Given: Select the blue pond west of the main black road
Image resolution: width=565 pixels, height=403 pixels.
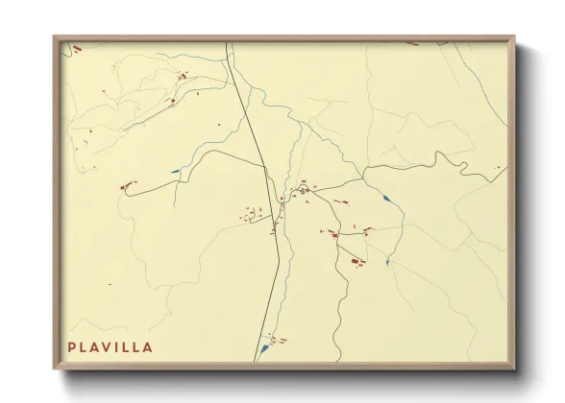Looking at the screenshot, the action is pos(175,172).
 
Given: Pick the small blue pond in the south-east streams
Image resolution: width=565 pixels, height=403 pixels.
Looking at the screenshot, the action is pos(386,261).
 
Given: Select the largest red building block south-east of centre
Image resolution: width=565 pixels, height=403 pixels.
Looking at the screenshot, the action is pos(357,260).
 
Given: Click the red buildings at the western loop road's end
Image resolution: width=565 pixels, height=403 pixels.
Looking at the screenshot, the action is pos(125,186).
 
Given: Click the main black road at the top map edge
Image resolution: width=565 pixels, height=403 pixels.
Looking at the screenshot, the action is pos(228,43).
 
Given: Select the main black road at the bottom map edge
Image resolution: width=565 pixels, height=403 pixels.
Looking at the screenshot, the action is pos(256,360).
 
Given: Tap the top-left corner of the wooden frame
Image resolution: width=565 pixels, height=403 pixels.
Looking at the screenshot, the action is pos(54,36).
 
